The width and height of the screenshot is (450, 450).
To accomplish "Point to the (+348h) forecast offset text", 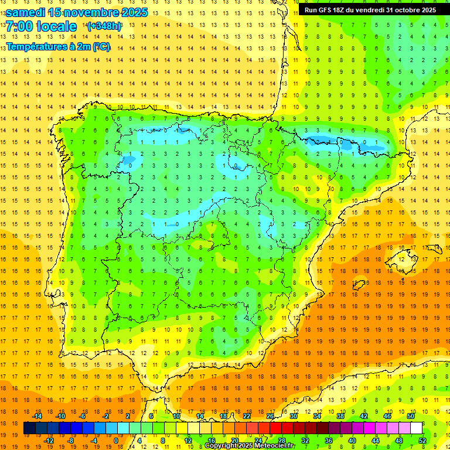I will point(104,26).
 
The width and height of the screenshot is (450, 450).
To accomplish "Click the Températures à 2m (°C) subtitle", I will point(58,47).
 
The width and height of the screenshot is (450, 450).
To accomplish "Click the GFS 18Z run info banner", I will point(370,9).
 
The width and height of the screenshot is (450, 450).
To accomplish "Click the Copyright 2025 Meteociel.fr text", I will point(250,446).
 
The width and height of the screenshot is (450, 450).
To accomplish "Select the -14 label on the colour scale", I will point(37,416).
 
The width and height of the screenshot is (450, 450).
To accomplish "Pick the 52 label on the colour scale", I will point(422,441).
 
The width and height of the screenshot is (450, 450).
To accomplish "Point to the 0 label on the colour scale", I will point(116,441).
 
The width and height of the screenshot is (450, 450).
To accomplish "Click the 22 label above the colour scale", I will point(247,416).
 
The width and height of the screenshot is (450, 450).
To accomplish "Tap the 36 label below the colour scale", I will point(328,441).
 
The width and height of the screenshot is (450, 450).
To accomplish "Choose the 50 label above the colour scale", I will point(411,416).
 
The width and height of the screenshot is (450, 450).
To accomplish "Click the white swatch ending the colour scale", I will point(416,428).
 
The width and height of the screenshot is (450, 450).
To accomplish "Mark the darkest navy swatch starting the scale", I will point(29,428).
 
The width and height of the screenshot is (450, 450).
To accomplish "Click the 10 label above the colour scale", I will point(176,416).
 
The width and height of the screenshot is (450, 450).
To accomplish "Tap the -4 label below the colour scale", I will point(94,441).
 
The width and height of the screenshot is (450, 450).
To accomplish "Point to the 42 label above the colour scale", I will point(364,416).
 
